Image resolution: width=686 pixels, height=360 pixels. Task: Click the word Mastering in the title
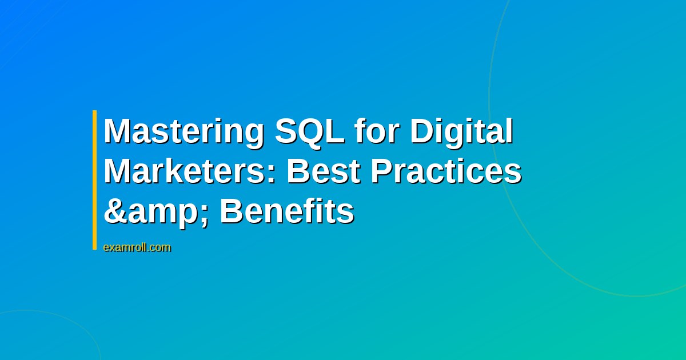(184, 132)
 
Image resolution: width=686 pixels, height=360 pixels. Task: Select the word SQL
(309, 132)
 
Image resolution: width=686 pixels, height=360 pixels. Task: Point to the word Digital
(460, 132)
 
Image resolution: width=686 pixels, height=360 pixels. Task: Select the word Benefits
(287, 211)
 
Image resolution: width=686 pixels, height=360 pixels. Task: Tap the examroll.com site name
(137, 247)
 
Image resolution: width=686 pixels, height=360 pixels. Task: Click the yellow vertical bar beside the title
(95, 180)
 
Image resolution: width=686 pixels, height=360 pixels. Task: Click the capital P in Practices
(381, 171)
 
